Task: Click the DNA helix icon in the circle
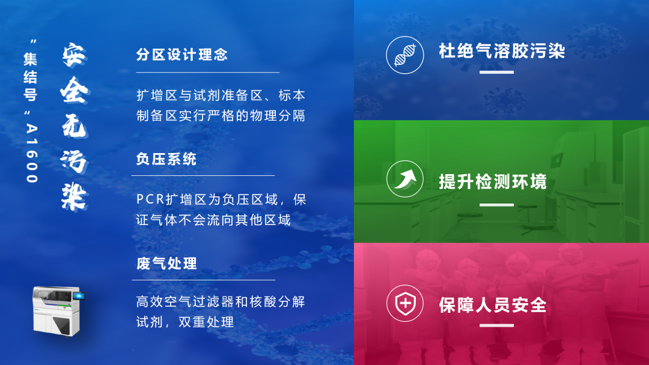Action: [405, 55]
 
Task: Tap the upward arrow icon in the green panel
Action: [405, 179]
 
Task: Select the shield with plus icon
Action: [405, 303]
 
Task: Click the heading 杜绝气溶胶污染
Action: [502, 51]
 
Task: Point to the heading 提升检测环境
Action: [493, 181]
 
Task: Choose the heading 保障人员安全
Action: [493, 305]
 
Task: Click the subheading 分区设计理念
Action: [182, 55]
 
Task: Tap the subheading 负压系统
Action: [166, 159]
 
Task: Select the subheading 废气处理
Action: [166, 264]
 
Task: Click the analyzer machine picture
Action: [58, 311]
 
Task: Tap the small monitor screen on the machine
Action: [79, 296]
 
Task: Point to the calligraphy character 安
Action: [75, 55]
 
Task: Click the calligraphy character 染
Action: [75, 196]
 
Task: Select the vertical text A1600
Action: [32, 153]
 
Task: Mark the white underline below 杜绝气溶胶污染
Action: [497, 72]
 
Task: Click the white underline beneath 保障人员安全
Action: [497, 325]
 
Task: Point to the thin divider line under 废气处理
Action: [204, 280]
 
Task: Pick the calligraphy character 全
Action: [75, 89]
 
